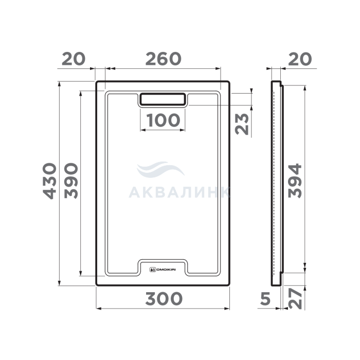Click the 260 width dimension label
[163, 59]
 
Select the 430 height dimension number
[49, 181]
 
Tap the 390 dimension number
[71, 181]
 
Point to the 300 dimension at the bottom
[164, 299]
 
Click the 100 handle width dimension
[163, 120]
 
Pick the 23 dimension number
[242, 124]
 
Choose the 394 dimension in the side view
[295, 181]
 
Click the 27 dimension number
[295, 299]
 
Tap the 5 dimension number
[265, 299]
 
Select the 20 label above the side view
[300, 59]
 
